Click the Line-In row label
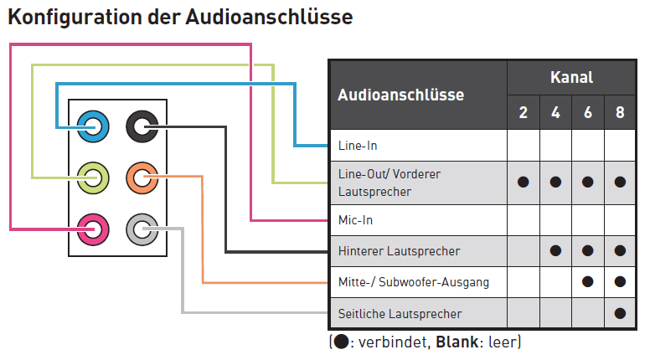[358, 146]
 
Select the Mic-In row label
[355, 220]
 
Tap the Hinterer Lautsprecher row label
[399, 250]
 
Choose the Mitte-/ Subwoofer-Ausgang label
[413, 282]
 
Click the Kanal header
[571, 78]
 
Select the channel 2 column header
[523, 112]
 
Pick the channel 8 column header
[620, 112]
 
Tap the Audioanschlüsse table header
[400, 95]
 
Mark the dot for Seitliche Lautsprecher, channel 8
[620, 313]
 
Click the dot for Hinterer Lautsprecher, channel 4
[555, 250]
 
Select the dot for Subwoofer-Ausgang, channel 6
[587, 282]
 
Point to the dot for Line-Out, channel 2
[523, 182]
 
